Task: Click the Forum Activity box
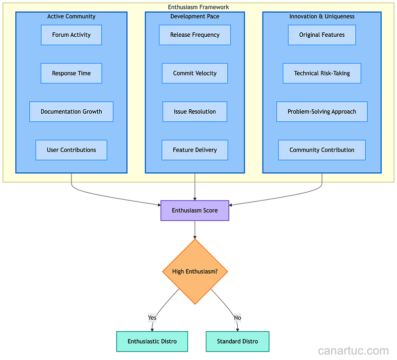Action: tap(71, 35)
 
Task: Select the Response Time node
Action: tap(71, 73)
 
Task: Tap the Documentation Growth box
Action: tap(71, 112)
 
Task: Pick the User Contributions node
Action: tap(71, 150)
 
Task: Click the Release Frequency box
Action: tap(195, 35)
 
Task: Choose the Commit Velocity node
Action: tap(195, 73)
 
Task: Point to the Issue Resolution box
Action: tap(195, 112)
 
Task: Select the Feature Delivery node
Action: tap(195, 150)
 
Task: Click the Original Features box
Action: tap(322, 35)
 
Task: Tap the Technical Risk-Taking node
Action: tap(322, 73)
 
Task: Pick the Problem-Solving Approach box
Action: tap(322, 112)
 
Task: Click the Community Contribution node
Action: tap(322, 150)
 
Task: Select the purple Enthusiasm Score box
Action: tap(195, 211)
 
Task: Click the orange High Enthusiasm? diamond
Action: tap(195, 272)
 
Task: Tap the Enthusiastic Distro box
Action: tap(152, 342)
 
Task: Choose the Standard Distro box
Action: tap(237, 342)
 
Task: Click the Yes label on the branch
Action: tap(152, 318)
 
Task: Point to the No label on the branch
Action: tap(237, 318)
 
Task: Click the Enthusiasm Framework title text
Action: tap(198, 7)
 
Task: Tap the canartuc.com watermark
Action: tap(353, 351)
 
